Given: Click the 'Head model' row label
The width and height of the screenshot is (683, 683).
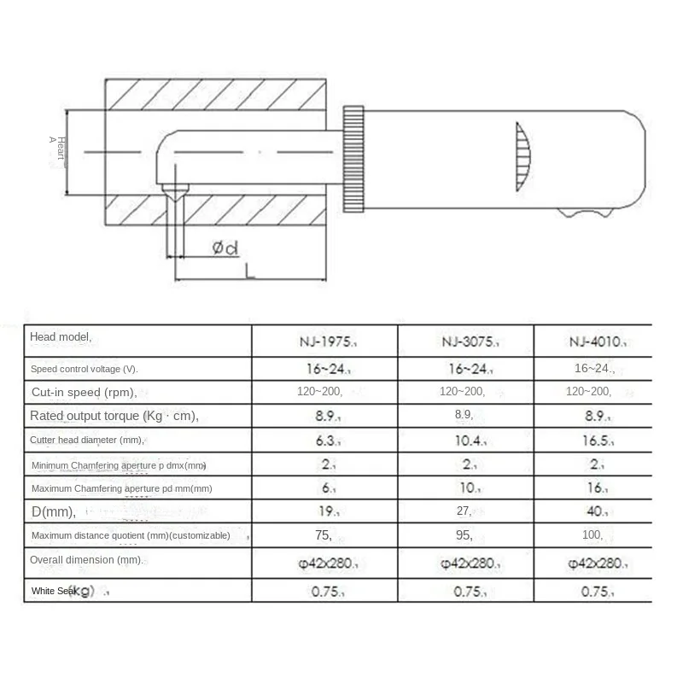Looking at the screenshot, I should pyautogui.click(x=61, y=338).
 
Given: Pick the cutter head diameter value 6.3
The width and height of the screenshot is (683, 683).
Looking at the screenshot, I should pyautogui.click(x=324, y=440).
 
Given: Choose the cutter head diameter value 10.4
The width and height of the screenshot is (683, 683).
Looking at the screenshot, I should pyautogui.click(x=465, y=440).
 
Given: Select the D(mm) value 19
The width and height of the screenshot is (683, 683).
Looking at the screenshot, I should pyautogui.click(x=324, y=512).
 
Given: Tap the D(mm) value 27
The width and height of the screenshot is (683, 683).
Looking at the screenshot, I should pyautogui.click(x=465, y=512).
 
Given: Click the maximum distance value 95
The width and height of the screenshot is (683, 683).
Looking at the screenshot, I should pyautogui.click(x=465, y=535).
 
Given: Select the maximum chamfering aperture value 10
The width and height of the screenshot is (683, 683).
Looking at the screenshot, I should pyautogui.click(x=465, y=488).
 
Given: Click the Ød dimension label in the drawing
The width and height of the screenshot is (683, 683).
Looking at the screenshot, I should pyautogui.click(x=225, y=248).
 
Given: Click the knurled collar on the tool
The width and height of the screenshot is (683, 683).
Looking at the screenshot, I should pyautogui.click(x=355, y=160).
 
